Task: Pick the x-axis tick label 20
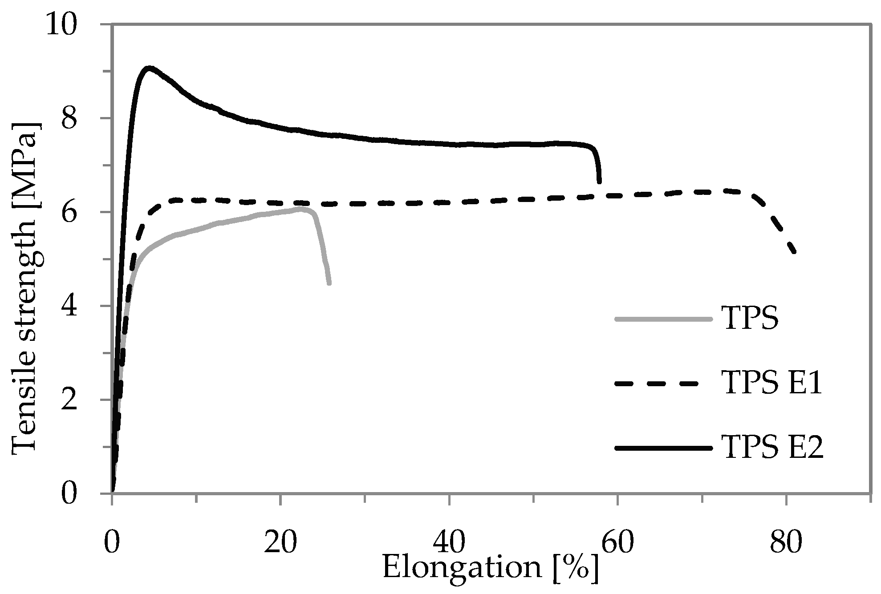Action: tap(280, 544)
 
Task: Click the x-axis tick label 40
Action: tap(450, 544)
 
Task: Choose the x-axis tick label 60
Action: tap(618, 544)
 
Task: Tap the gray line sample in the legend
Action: tap(663, 319)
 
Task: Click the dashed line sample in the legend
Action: tap(663, 384)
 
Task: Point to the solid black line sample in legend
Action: tap(663, 448)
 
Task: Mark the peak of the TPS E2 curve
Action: tap(150, 68)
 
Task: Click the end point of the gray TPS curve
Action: tap(329, 283)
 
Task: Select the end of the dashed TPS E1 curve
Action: tap(794, 252)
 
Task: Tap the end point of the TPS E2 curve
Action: tap(599, 182)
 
